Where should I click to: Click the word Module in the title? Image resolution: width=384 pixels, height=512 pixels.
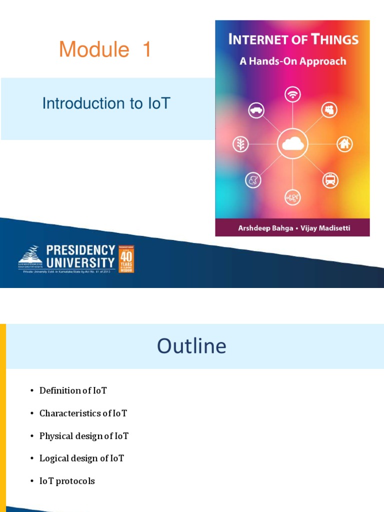click(94, 50)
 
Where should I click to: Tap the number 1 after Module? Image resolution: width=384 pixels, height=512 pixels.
click(146, 50)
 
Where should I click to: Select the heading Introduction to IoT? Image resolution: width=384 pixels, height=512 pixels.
click(106, 103)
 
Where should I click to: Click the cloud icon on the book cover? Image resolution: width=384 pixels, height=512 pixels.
click(292, 144)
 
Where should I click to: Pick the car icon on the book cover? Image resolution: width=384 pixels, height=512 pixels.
click(256, 110)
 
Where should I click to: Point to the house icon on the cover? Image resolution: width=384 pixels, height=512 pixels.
click(344, 144)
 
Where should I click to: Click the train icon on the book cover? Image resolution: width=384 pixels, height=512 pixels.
click(329, 179)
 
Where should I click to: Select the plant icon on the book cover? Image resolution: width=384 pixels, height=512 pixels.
click(240, 144)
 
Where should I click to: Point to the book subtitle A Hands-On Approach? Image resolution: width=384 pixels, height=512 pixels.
click(292, 61)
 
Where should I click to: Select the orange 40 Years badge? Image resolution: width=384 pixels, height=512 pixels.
click(125, 258)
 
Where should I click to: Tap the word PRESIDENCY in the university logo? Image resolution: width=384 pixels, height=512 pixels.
click(80, 250)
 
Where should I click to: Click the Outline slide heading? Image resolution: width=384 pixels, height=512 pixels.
click(191, 346)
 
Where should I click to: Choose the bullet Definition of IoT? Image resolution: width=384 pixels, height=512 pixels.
click(73, 390)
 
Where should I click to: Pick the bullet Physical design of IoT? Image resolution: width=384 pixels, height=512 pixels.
click(83, 436)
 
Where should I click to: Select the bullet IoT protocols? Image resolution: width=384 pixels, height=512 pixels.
click(67, 481)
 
